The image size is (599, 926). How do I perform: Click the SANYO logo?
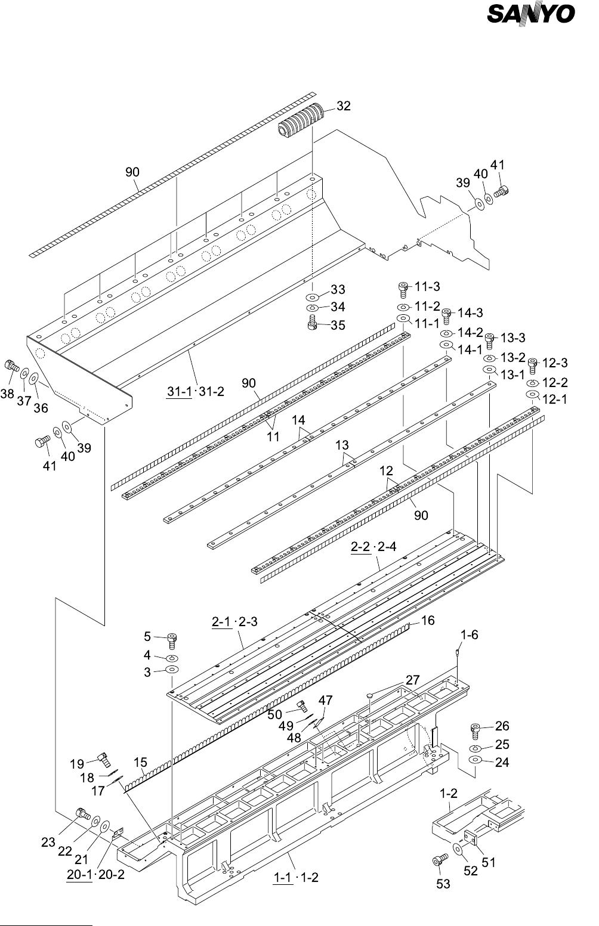tap(531, 14)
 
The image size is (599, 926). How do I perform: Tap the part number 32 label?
tap(344, 107)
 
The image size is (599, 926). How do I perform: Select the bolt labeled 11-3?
tap(403, 289)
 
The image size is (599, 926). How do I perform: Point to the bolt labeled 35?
tap(311, 325)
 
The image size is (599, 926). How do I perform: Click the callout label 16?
tap(427, 621)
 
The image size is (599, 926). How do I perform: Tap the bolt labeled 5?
tap(172, 640)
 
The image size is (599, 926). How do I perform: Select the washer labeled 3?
tap(172, 670)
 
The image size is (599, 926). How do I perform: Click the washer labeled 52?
tap(458, 848)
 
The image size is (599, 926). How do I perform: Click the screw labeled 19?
tap(103, 759)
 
